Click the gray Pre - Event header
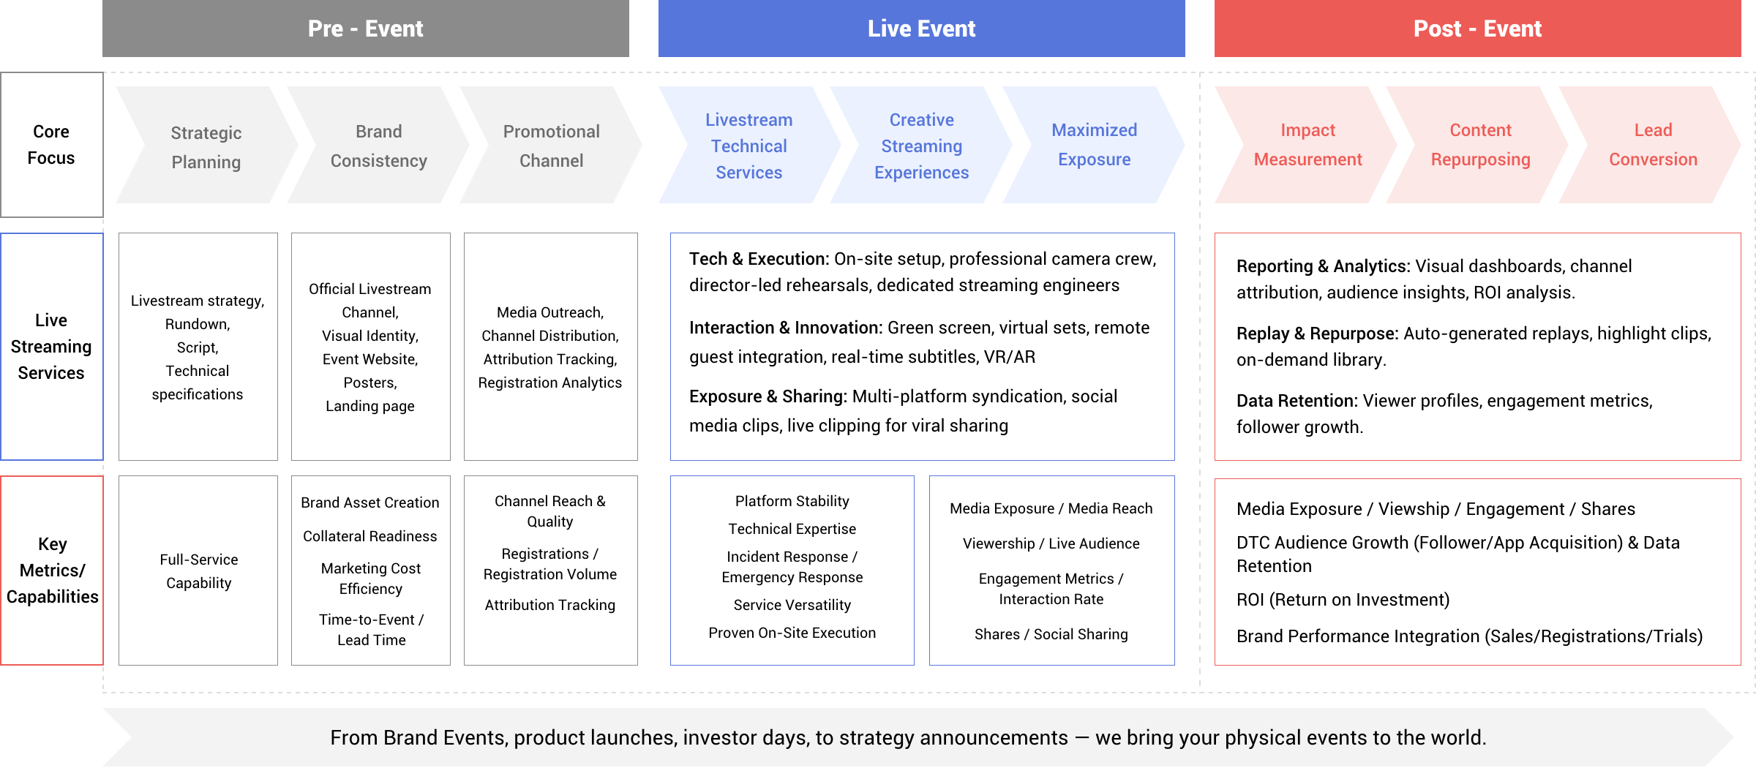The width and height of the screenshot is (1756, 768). click(x=365, y=29)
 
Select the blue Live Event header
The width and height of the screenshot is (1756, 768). click(x=921, y=29)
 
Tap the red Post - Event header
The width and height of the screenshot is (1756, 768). click(x=1477, y=29)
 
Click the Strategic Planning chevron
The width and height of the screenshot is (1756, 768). click(x=206, y=146)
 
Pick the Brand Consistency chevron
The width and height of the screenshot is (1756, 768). click(x=379, y=146)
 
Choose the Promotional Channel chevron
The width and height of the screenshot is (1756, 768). click(x=552, y=146)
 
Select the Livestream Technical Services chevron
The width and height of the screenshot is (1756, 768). click(x=749, y=146)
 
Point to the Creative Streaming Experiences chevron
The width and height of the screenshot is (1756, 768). click(x=922, y=146)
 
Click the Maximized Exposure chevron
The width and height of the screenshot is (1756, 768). click(x=1095, y=145)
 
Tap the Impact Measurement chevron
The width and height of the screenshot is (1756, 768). click(x=1308, y=145)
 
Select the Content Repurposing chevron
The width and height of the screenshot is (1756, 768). click(x=1481, y=145)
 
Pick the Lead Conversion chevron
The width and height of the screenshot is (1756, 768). click(x=1654, y=145)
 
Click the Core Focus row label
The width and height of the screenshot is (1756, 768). click(x=51, y=145)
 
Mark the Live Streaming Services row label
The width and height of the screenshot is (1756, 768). click(x=51, y=347)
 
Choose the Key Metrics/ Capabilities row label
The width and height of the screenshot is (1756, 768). click(x=52, y=571)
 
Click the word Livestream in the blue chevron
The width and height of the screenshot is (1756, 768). click(x=749, y=120)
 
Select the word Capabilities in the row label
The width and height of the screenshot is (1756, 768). click(x=52, y=597)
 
